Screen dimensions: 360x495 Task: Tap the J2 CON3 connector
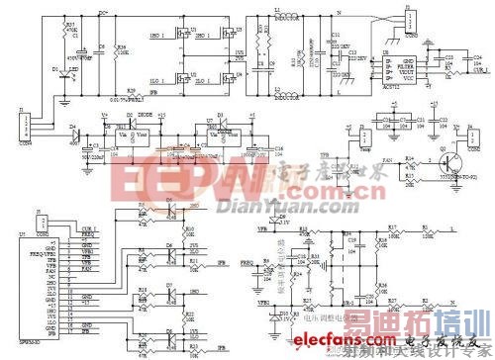click(x=406, y=21)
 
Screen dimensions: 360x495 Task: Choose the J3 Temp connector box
click(x=366, y=138)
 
